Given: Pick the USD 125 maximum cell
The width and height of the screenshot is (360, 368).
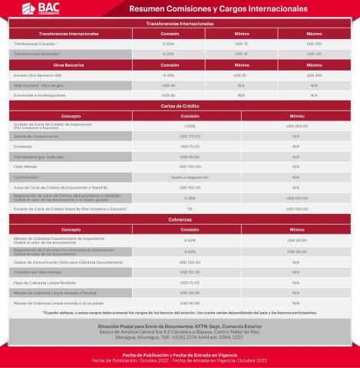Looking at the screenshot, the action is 314,54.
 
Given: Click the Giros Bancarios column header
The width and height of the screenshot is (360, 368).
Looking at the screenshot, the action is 48,66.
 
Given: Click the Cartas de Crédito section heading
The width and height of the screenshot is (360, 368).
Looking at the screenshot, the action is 180,105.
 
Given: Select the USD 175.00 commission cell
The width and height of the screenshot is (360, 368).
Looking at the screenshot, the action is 190,136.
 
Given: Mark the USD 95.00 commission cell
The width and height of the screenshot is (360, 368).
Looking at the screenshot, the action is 190,156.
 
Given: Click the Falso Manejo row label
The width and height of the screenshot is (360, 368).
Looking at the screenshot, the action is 27,166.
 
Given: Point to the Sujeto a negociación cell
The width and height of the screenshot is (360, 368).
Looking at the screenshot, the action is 190,176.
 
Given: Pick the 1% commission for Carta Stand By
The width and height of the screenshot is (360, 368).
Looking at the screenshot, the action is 190,208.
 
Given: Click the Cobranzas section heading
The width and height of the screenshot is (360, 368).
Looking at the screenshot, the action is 180,219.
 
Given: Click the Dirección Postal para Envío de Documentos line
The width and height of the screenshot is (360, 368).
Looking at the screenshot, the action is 180,325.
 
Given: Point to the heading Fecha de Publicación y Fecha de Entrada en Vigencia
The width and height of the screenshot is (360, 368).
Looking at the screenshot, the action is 180,355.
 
